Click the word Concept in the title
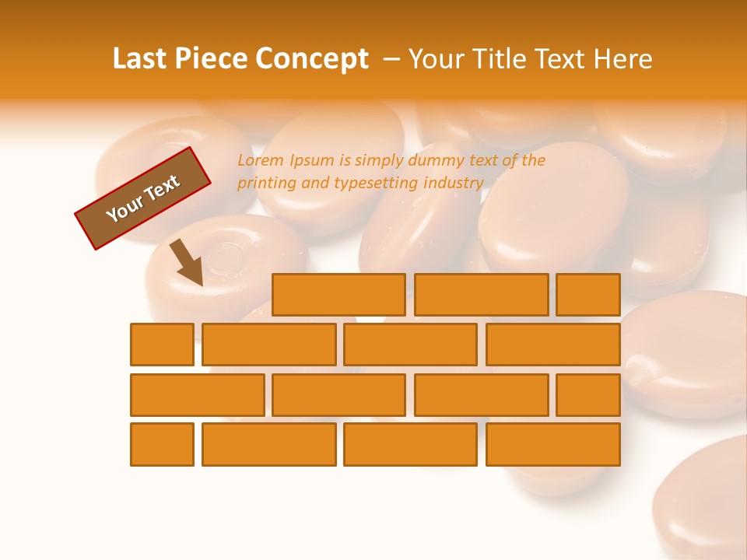click(314, 59)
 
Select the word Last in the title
click(142, 59)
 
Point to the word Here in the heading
click(622, 59)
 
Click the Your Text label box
click(143, 198)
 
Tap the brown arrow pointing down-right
click(188, 263)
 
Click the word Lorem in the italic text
click(261, 161)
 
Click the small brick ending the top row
click(587, 295)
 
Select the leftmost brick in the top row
click(338, 295)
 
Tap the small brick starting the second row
click(162, 345)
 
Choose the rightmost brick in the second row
click(552, 345)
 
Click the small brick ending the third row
click(587, 395)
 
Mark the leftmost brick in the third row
click(197, 395)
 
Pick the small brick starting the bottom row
click(162, 444)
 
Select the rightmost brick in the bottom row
click(552, 444)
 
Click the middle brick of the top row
click(481, 295)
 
